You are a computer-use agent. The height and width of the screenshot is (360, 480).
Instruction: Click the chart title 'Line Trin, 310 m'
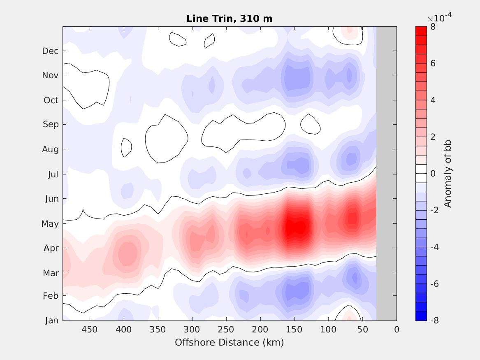coord(229,19)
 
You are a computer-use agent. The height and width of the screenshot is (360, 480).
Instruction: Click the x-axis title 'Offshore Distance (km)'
coord(229,342)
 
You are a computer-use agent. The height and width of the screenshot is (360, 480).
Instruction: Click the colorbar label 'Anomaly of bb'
coord(448,174)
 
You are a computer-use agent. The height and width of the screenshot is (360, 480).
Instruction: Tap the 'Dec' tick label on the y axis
coord(50,51)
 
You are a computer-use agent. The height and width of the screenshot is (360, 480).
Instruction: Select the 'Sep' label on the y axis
coord(51,124)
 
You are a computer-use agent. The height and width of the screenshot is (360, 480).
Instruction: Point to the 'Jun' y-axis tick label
coord(51,199)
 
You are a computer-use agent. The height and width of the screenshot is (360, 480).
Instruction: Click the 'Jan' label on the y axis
coord(51,321)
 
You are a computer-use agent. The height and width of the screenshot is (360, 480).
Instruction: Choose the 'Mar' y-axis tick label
coord(51,273)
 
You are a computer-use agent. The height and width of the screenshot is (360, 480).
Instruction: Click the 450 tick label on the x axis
coord(89,330)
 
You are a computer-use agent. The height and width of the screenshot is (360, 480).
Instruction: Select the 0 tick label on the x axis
coord(397,330)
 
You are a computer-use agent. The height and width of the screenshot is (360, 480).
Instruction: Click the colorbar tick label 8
coord(433,27)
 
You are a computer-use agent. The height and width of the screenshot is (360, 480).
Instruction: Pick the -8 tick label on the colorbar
coord(434,321)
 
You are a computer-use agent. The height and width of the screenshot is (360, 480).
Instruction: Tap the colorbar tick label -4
coord(434,247)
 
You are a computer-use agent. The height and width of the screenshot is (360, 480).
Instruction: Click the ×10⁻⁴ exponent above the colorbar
coord(439,18)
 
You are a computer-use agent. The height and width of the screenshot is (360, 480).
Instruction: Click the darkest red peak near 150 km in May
coord(298,227)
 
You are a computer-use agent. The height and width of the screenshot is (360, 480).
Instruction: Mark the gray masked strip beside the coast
coord(386,173)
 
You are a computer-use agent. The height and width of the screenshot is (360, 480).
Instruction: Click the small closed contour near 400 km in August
coord(126,147)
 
